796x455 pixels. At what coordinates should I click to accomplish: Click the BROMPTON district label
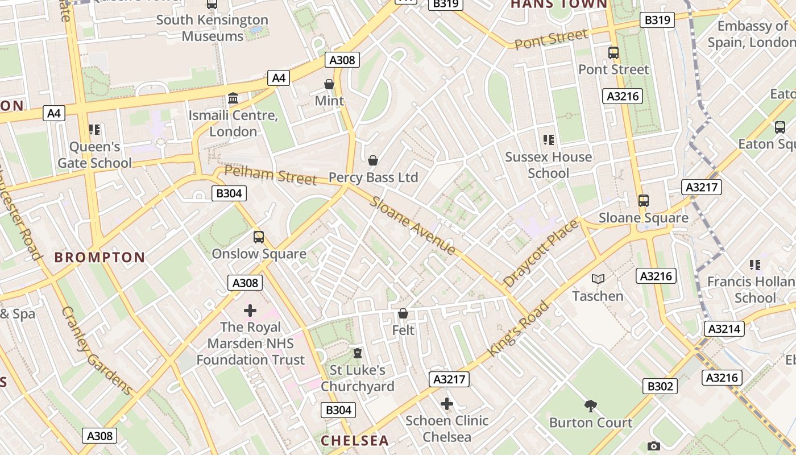pyautogui.click(x=100, y=257)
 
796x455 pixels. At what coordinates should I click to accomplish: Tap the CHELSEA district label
pyautogui.click(x=355, y=440)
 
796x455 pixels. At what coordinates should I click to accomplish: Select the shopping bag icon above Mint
pyautogui.click(x=329, y=84)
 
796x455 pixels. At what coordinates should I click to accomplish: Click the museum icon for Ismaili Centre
pyautogui.click(x=233, y=98)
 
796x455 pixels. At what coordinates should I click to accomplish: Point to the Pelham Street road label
pyautogui.click(x=270, y=175)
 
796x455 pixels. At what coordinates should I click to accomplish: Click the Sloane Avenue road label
pyautogui.click(x=413, y=226)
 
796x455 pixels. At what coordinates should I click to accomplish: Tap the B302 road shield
pyautogui.click(x=660, y=386)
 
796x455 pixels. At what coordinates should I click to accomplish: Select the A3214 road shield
pyautogui.click(x=724, y=328)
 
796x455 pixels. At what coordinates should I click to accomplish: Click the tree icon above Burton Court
pyautogui.click(x=591, y=406)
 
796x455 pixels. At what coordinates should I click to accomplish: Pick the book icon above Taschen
pyautogui.click(x=598, y=279)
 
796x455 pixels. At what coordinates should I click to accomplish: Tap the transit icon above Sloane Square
pyautogui.click(x=644, y=201)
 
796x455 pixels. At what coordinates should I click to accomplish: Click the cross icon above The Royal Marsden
pyautogui.click(x=250, y=310)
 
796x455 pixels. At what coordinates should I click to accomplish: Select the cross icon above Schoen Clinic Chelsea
pyautogui.click(x=447, y=404)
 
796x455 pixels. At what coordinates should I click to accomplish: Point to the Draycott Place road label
pyautogui.click(x=541, y=253)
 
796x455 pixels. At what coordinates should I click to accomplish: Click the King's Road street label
pyautogui.click(x=519, y=329)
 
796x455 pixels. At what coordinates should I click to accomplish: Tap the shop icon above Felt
pyautogui.click(x=403, y=313)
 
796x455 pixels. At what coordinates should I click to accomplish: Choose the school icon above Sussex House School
pyautogui.click(x=549, y=139)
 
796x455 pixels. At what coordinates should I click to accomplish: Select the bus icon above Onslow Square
pyautogui.click(x=259, y=237)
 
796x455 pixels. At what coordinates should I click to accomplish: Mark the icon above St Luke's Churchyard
pyautogui.click(x=357, y=353)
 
